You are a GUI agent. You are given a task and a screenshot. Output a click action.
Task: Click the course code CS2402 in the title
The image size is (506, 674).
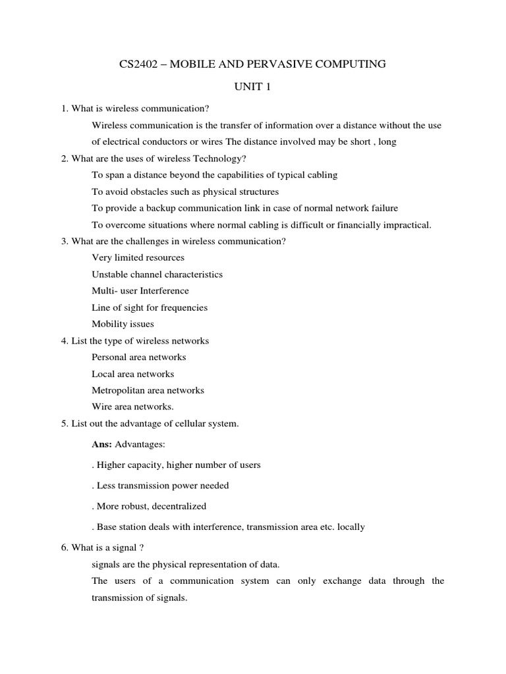(x=136, y=64)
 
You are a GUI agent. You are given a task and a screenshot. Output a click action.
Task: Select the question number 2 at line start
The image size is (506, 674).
(x=64, y=158)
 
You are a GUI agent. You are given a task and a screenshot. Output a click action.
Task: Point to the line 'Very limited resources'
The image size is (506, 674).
(x=138, y=257)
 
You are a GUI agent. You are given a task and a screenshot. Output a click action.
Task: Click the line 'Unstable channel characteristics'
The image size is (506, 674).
(x=157, y=274)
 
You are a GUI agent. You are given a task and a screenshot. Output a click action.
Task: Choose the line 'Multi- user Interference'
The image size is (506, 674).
(x=140, y=290)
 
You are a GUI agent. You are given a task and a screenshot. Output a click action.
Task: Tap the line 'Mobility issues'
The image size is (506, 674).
(x=123, y=324)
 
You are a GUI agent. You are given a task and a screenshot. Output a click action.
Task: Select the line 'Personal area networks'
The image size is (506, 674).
(x=139, y=357)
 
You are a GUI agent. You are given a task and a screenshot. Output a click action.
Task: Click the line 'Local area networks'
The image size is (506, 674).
(x=133, y=374)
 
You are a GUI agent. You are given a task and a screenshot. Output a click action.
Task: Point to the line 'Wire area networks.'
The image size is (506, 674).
(x=132, y=407)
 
